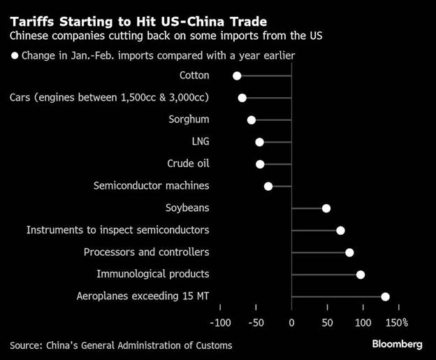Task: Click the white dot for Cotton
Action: tap(237, 75)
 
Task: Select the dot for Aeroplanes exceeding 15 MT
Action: tap(385, 296)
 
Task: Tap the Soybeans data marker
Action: tap(326, 208)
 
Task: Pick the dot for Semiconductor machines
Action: tap(268, 186)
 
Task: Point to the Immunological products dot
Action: tap(361, 275)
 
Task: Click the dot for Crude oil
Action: tap(260, 164)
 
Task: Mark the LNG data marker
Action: tap(259, 142)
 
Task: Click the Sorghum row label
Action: tap(189, 120)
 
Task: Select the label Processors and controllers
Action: tap(146, 252)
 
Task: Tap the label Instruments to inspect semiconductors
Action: tap(118, 230)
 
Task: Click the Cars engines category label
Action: tap(110, 98)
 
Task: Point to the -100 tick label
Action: tap(219, 323)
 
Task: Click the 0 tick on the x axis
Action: tap(291, 323)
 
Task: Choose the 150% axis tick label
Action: tap(395, 323)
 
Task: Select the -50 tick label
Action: tap(256, 323)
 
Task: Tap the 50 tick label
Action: tap(327, 323)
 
